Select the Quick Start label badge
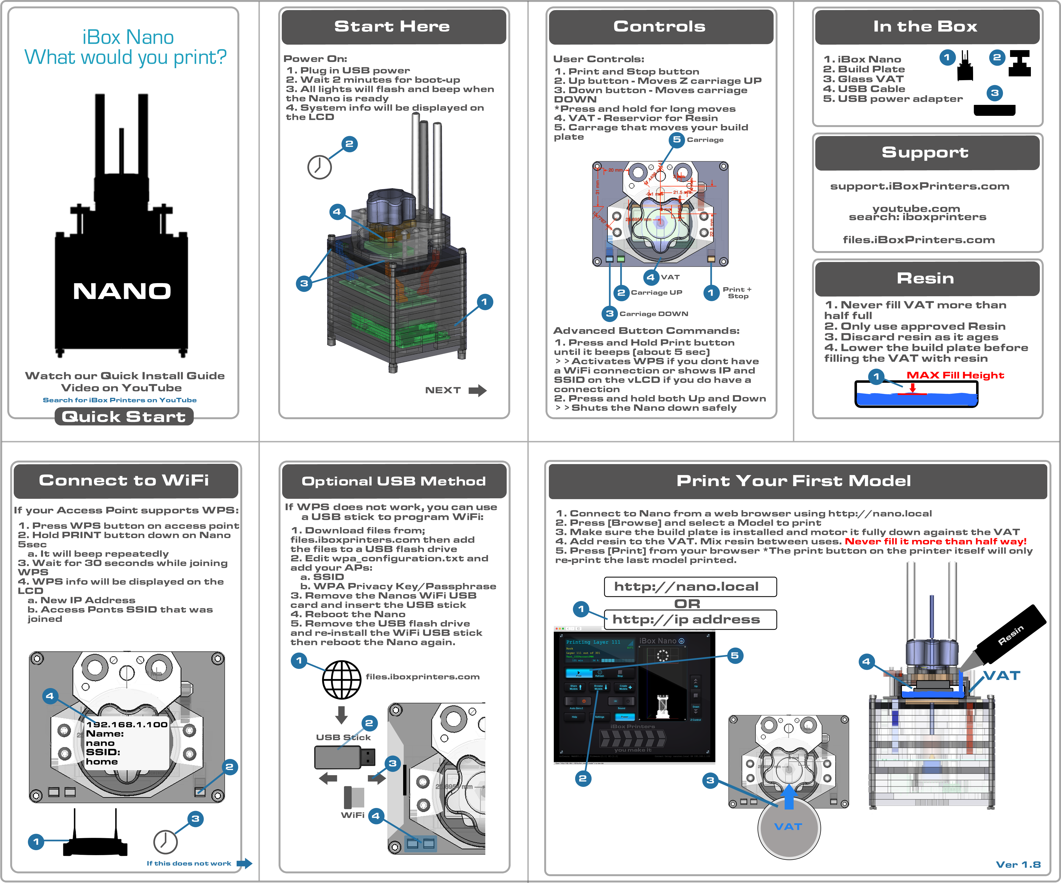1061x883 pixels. coord(124,417)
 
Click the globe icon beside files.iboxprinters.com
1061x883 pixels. coord(342,679)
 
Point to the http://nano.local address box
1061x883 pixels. coord(690,586)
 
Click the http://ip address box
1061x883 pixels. coord(690,619)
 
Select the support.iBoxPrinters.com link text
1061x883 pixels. coord(919,186)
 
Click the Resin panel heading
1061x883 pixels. coord(926,278)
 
